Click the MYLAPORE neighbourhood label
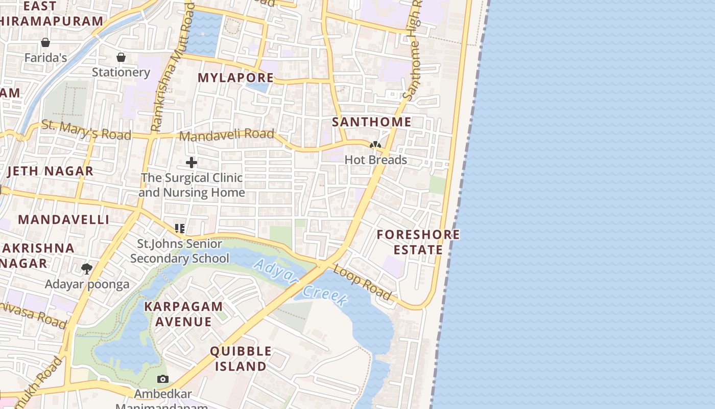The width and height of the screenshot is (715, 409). pos(235,78)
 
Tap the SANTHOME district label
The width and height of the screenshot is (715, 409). pos(371,122)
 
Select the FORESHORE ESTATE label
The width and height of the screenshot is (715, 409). pos(418,242)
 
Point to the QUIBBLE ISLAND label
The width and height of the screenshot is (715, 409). pos(241,358)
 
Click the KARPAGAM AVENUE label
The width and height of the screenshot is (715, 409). pos(183,314)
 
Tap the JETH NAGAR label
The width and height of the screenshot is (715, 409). pos(50,171)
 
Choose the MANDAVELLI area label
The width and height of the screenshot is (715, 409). pos(64,219)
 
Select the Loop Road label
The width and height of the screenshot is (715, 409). pos(363,282)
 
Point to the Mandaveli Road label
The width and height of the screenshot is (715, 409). pos(226,135)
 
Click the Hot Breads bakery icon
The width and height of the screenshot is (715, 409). pos(375,145)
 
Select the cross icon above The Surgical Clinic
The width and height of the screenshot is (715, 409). pos(192,163)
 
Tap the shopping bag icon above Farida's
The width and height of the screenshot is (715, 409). pos(45,42)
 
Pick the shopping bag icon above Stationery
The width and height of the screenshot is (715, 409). pos(121,57)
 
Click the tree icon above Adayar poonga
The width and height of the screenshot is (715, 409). pos(87,268)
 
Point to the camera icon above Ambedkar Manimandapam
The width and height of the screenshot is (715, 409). pos(163,379)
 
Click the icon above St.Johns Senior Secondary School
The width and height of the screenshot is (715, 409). pos(179,228)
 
